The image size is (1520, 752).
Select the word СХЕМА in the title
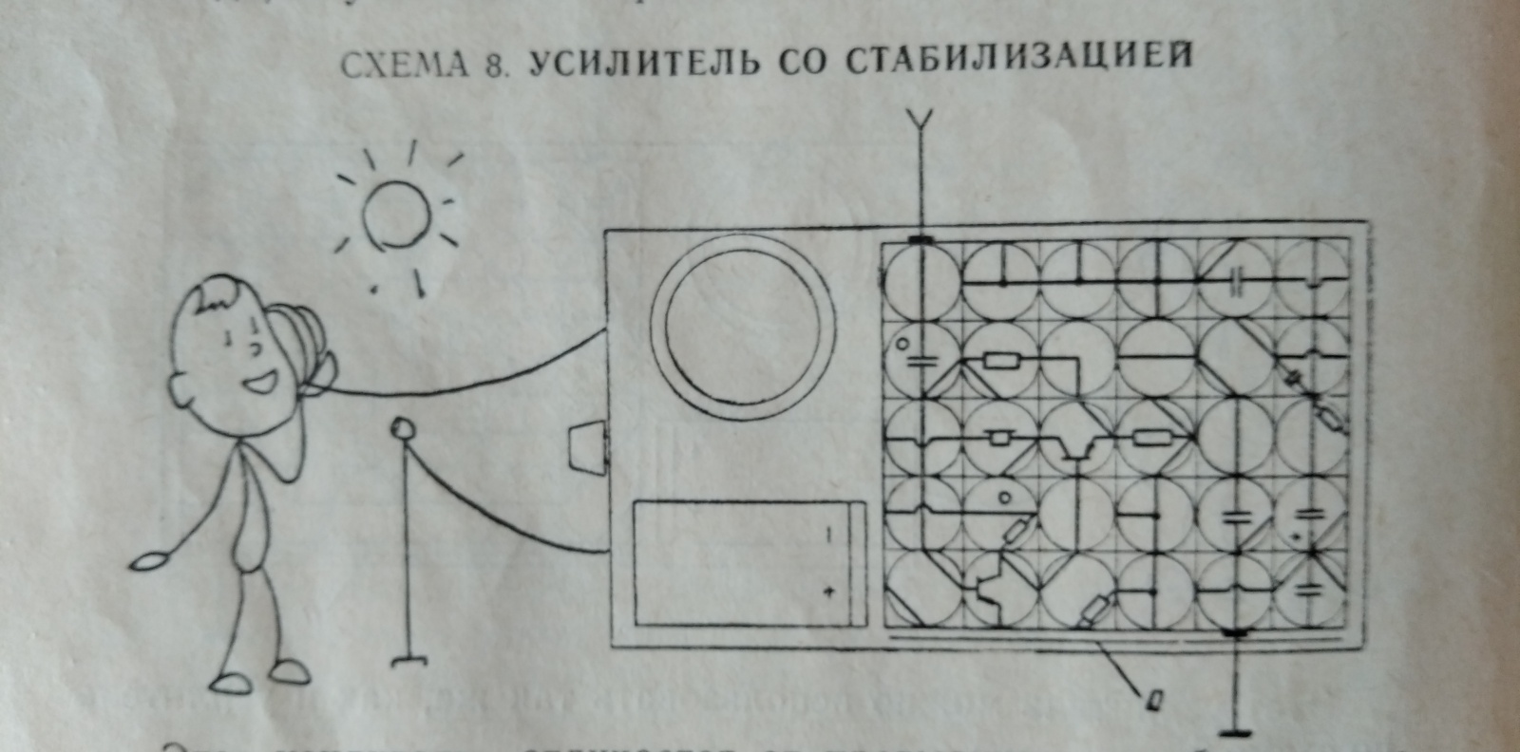click(x=404, y=66)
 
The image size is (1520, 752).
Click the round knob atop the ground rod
click(x=403, y=428)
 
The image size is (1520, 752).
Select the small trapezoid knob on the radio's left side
click(x=585, y=447)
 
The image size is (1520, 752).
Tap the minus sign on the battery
click(x=828, y=536)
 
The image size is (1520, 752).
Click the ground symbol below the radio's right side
click(x=1236, y=731)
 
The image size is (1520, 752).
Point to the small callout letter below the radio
click(x=1154, y=700)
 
